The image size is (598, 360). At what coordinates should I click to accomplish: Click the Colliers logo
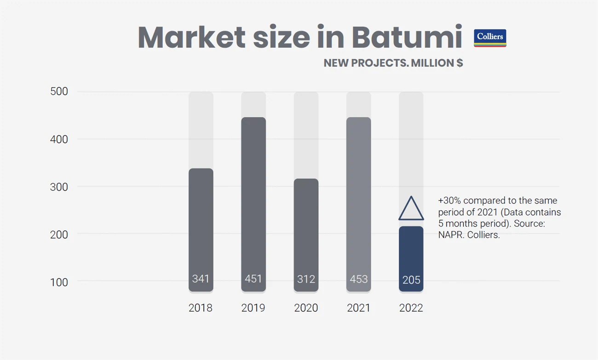coord(490,38)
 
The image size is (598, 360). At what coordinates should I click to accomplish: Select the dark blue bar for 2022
coord(411,259)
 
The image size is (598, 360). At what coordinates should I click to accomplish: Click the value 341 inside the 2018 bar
coord(201,279)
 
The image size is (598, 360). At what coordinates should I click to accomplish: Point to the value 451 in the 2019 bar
coord(253,279)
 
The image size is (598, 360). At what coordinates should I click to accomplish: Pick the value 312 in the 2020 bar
coord(306,279)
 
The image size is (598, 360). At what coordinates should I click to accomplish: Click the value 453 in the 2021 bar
coord(358,279)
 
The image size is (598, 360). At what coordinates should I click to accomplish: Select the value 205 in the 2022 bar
coord(411,280)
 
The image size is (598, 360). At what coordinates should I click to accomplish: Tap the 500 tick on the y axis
coord(59,91)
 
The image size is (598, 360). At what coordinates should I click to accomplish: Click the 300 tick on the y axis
coord(59,187)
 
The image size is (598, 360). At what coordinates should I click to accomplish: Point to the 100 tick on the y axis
coord(59,282)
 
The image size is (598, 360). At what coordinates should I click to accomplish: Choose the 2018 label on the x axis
coord(201,308)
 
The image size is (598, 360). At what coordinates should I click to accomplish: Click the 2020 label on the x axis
coord(306,308)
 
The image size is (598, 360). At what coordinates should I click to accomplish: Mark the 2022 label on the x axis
coord(411,308)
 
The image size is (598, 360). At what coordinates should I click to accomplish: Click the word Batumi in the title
coord(407,37)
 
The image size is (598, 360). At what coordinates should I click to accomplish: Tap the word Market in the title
coord(191,37)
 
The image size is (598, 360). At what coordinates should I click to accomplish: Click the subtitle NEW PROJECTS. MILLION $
coord(393,63)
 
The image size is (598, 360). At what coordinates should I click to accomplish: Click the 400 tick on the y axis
coord(59,139)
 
